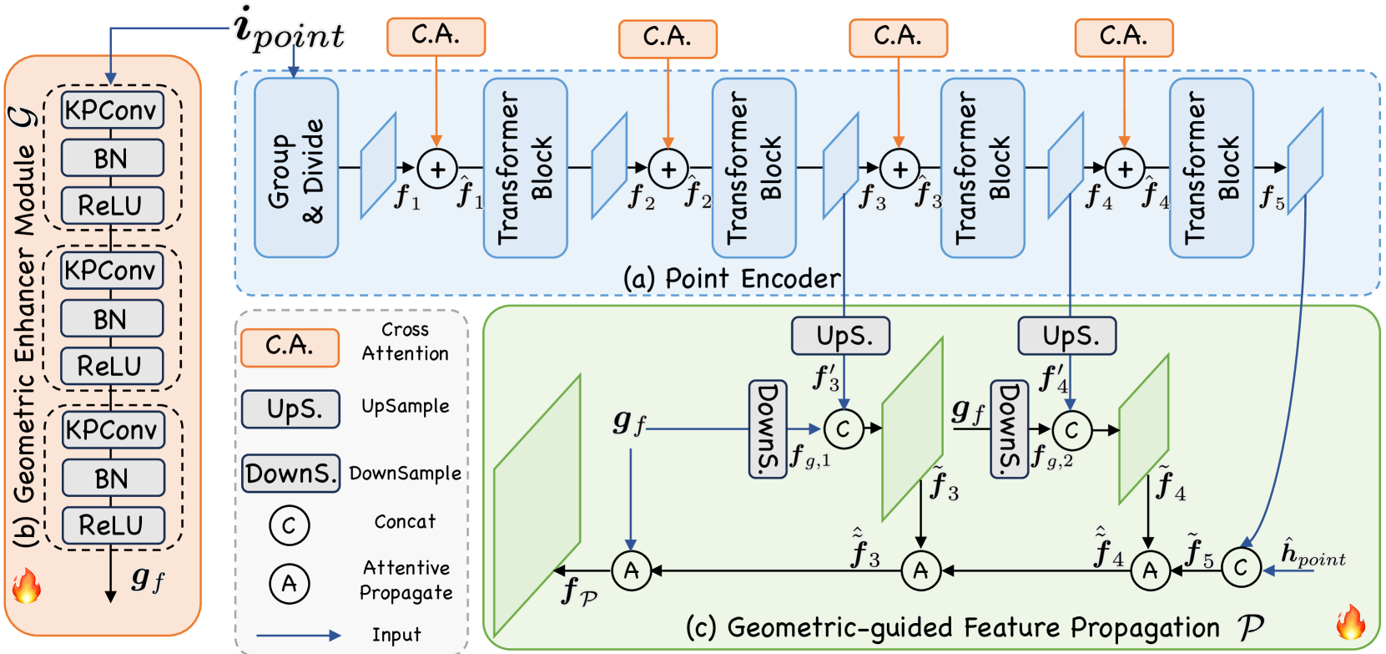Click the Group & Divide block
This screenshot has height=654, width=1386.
point(295,168)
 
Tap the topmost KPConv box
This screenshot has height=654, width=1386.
point(112,110)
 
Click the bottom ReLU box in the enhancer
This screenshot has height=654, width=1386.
point(112,525)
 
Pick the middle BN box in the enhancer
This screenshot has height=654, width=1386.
point(112,319)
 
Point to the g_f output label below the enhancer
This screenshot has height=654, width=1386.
point(148,578)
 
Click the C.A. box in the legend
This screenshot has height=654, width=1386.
point(290,347)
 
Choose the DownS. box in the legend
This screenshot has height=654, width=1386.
point(290,474)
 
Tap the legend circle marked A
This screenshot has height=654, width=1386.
point(289,583)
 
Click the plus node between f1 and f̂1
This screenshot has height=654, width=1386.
point(436,169)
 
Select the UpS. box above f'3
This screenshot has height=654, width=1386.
point(841,336)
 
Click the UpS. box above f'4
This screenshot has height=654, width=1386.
point(1066,336)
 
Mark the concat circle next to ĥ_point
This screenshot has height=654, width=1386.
point(1241,568)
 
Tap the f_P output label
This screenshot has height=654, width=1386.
point(578,591)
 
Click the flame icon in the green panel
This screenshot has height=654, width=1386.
point(1350,622)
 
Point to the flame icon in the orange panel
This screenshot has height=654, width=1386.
point(26,586)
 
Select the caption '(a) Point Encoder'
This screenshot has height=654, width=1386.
point(732,279)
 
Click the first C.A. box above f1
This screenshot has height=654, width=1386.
point(436,36)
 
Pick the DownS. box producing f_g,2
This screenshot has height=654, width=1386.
point(1009,429)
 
